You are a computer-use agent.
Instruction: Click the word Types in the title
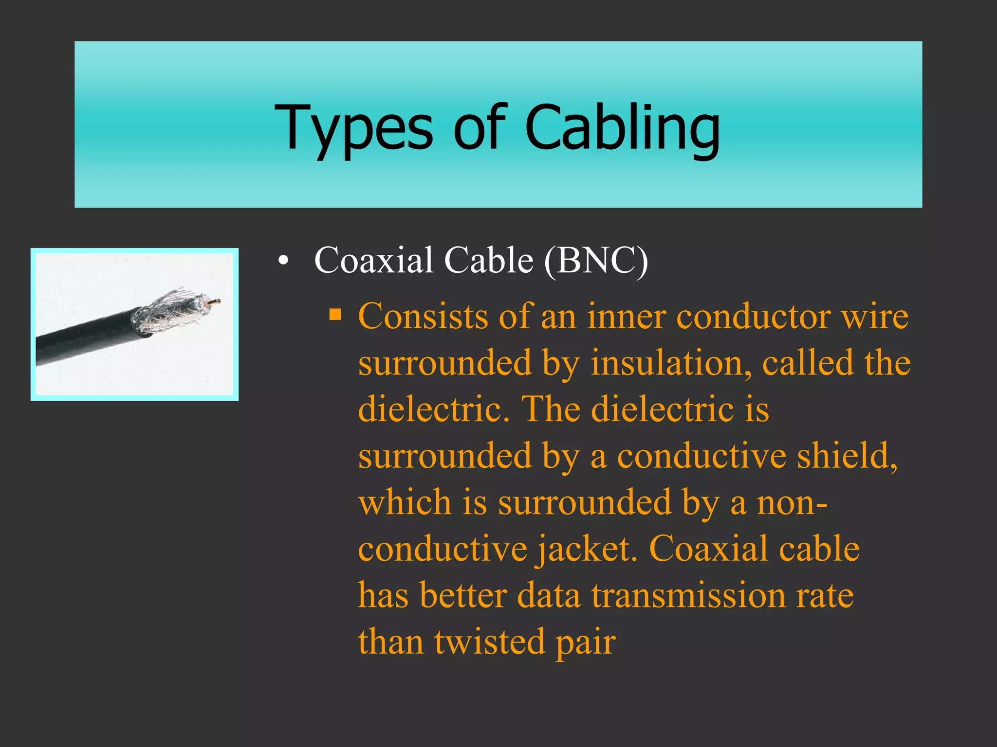353,127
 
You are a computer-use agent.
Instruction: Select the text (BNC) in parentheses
596,261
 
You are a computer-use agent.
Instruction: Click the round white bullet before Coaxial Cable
283,262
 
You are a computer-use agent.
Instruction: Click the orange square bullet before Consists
335,315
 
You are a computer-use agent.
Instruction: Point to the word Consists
422,317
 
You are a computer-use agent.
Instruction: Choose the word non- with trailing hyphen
792,503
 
